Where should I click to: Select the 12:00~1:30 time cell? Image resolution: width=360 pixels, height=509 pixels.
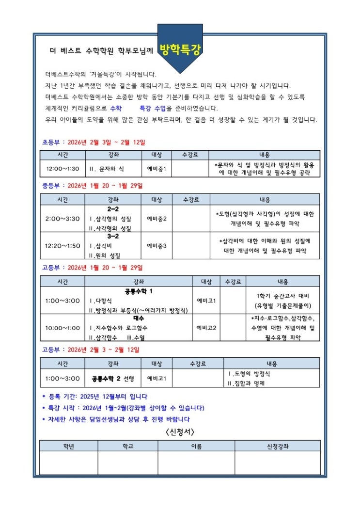tap(63, 169)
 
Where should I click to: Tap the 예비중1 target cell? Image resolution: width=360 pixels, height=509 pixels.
tap(157, 169)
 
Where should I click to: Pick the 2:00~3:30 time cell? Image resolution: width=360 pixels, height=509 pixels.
tap(63, 219)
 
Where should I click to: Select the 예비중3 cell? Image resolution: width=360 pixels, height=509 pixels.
tap(157, 246)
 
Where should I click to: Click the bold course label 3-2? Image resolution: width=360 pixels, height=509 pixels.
tap(113, 237)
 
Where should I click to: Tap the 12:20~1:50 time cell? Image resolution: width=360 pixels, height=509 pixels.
tap(63, 246)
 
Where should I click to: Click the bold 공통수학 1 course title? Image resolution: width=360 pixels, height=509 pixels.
tap(139, 291)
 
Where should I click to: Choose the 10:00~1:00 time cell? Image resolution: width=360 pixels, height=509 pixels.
tap(63, 328)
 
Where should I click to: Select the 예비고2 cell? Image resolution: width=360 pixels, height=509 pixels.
tap(206, 328)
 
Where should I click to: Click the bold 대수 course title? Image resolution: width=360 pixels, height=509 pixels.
tap(139, 319)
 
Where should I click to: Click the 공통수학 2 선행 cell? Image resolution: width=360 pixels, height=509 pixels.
tap(113, 378)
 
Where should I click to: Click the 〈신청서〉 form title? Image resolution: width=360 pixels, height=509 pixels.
tap(180, 432)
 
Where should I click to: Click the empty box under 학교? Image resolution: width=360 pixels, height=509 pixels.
tap(127, 463)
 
